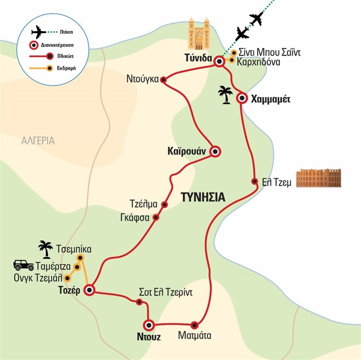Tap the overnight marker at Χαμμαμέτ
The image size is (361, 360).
point(242,98)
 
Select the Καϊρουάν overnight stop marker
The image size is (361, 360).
point(216,152)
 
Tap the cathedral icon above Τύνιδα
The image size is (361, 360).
point(199,36)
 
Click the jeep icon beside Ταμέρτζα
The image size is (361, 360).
point(21,265)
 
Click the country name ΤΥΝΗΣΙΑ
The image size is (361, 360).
point(203,197)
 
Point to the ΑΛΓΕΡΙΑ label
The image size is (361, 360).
point(38,141)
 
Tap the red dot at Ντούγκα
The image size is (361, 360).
point(164,80)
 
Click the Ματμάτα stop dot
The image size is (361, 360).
point(194,324)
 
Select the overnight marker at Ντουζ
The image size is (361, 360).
point(149,324)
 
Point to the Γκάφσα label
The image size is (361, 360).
point(139,217)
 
